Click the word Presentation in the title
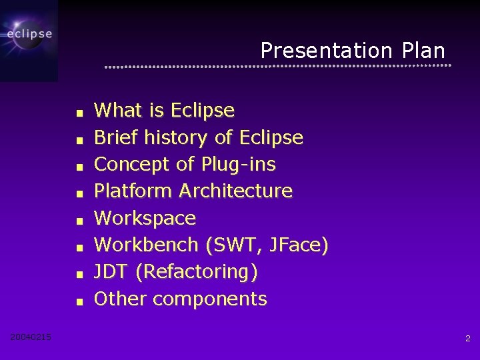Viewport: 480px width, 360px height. pos(327,51)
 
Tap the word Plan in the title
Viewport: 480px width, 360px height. pos(423,51)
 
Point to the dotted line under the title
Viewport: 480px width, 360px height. pos(278,67)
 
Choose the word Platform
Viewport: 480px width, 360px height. pos(133,191)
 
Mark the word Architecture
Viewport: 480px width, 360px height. pos(235,191)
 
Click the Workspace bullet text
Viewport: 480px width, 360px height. pos(145,218)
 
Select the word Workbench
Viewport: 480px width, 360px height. pos(146,245)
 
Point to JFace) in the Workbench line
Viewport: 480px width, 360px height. pos(298,245)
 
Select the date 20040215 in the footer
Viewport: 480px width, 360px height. pos(31,337)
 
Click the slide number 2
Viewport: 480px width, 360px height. pos(467,339)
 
